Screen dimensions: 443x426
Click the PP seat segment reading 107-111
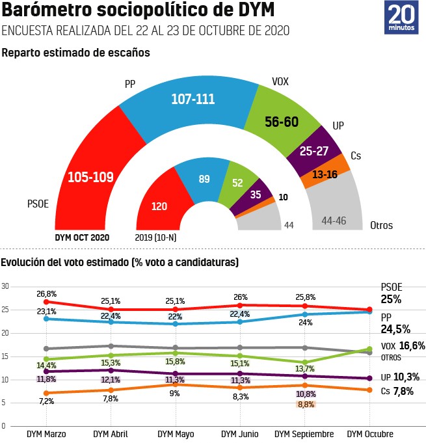(193, 100)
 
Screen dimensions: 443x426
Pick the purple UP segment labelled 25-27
(314, 152)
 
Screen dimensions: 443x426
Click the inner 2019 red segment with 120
(159, 206)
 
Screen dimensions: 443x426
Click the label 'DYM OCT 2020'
(82, 237)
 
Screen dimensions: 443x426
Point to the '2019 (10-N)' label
(157, 237)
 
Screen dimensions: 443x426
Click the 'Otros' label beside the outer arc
(381, 226)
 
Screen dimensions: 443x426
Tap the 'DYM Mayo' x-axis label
(176, 433)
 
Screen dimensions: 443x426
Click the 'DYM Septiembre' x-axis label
(304, 433)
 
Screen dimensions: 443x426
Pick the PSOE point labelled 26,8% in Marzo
(46, 302)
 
